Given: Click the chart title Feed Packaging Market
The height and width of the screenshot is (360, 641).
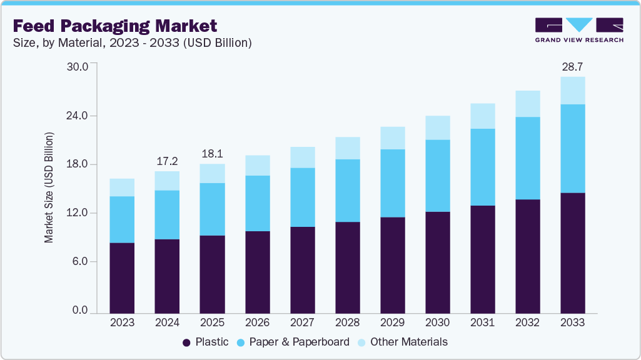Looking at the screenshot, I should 115,26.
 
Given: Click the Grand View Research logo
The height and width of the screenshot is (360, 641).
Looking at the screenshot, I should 579,30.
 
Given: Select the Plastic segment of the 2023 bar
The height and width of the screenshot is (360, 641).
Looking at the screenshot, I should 122,277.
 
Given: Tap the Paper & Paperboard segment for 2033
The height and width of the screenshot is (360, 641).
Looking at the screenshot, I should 572,149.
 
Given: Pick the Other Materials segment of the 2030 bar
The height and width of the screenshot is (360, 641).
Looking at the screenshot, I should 437,127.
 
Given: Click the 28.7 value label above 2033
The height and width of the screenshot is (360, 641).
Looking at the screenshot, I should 572,66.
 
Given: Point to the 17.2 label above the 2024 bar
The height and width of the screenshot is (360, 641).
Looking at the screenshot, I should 167,161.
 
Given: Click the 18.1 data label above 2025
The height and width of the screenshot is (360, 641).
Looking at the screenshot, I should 212,154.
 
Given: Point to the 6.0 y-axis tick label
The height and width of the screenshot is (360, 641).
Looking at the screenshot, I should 81,261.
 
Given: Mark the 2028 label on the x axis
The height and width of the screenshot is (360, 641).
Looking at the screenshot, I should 347,322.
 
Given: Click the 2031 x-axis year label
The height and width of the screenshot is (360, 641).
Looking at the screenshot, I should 482,322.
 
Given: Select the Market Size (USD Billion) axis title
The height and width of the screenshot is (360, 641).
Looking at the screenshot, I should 48,187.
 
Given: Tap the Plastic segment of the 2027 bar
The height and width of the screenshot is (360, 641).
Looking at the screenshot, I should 302,269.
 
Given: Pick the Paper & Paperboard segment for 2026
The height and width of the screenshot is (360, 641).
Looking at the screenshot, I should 257,203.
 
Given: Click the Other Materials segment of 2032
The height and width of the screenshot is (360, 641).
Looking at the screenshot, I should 527,104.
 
